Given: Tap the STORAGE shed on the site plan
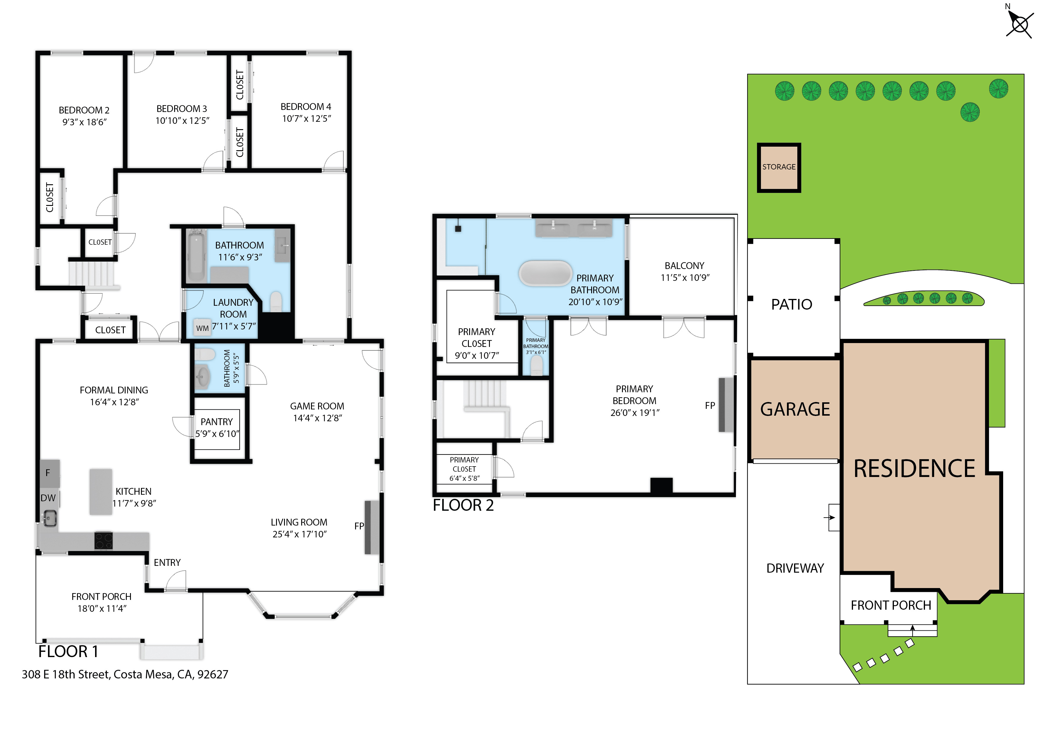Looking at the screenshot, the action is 779,167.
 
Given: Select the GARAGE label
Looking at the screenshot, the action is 795,409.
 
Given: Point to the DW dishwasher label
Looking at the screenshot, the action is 48,498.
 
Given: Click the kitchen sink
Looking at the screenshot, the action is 50,518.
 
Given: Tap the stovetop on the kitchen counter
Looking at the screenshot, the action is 103,540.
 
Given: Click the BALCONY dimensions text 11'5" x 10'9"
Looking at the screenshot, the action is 685,277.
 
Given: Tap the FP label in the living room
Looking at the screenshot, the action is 359,526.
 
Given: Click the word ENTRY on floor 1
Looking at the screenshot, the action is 167,563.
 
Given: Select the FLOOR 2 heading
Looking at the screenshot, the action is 463,505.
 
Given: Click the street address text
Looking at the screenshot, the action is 125,674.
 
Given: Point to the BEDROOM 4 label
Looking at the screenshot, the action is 306,107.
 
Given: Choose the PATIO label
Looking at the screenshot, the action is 791,304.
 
